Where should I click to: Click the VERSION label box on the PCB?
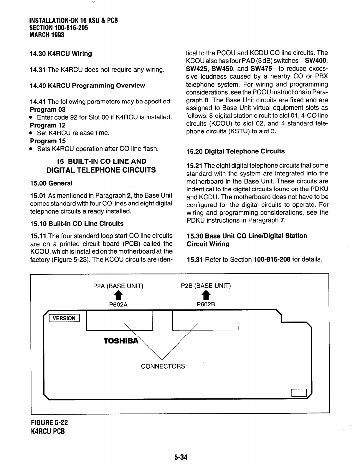pos(64,318)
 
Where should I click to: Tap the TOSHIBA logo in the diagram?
pos(120,341)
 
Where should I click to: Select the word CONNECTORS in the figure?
pos(163,366)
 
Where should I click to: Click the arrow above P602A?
pos(118,295)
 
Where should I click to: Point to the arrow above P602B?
pos(206,295)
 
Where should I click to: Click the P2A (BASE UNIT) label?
pos(118,286)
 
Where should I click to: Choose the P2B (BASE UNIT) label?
pos(206,286)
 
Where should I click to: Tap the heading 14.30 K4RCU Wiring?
pos(61,54)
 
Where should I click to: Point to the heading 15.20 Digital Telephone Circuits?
pos(236,151)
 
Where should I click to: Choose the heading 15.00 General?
pos(52,183)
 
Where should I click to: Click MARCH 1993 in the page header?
pos(47,35)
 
